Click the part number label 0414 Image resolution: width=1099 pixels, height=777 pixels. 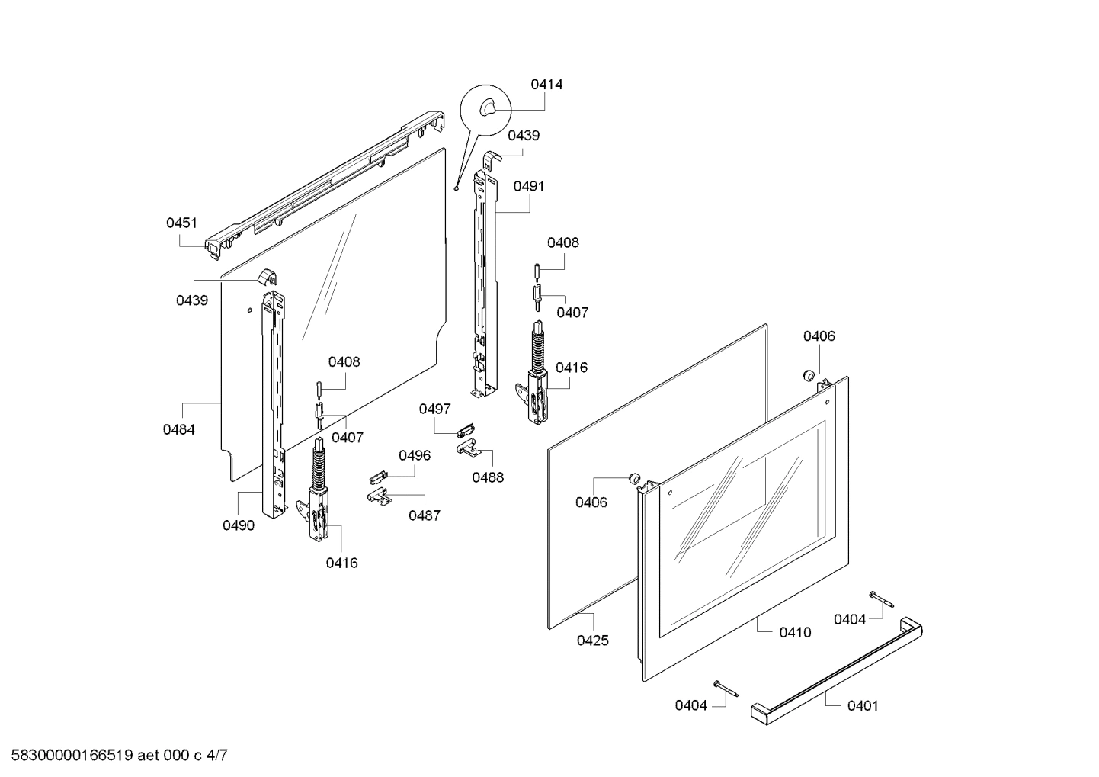[546, 85]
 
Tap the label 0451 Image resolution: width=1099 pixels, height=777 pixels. [181, 223]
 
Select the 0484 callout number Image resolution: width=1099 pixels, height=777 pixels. [178, 429]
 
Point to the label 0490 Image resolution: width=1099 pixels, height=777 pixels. [239, 525]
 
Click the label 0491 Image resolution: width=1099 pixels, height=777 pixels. [529, 187]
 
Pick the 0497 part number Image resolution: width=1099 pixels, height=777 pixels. [434, 409]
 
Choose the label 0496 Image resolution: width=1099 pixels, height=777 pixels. [415, 455]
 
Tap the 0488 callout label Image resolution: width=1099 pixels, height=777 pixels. [488, 477]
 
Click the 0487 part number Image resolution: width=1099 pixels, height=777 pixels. [425, 515]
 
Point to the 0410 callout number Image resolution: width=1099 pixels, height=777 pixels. [796, 632]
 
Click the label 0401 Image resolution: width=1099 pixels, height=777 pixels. [863, 706]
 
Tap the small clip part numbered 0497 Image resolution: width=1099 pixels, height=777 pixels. [465, 431]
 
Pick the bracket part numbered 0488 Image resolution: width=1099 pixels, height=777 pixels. [466, 448]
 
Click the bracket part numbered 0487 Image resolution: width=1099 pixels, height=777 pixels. [378, 496]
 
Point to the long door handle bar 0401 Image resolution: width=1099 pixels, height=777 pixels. [837, 671]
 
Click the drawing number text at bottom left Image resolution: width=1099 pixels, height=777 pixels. [119, 756]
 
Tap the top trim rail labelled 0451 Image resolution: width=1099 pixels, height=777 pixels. [325, 185]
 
